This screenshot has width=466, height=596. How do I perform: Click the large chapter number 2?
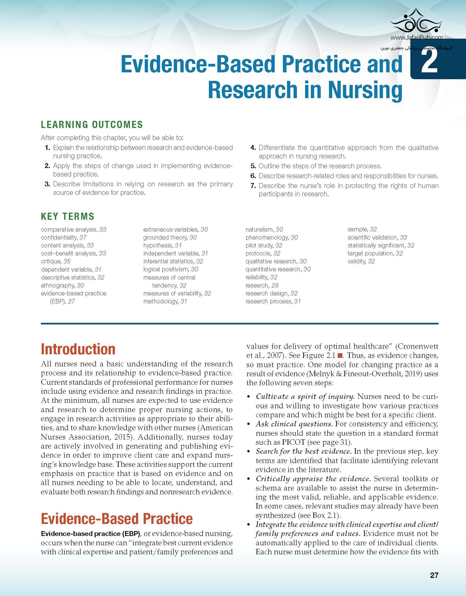(x=429, y=63)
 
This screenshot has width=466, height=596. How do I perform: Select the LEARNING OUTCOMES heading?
(x=92, y=125)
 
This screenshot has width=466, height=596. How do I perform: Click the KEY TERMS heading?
(x=67, y=216)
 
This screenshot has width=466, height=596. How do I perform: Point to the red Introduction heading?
(x=78, y=349)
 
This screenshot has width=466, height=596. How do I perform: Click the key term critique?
(x=51, y=261)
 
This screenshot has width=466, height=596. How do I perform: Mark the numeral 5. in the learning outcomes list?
(x=253, y=166)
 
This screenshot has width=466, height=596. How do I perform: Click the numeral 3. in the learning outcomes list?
(x=47, y=184)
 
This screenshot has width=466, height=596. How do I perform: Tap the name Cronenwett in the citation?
(x=418, y=346)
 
